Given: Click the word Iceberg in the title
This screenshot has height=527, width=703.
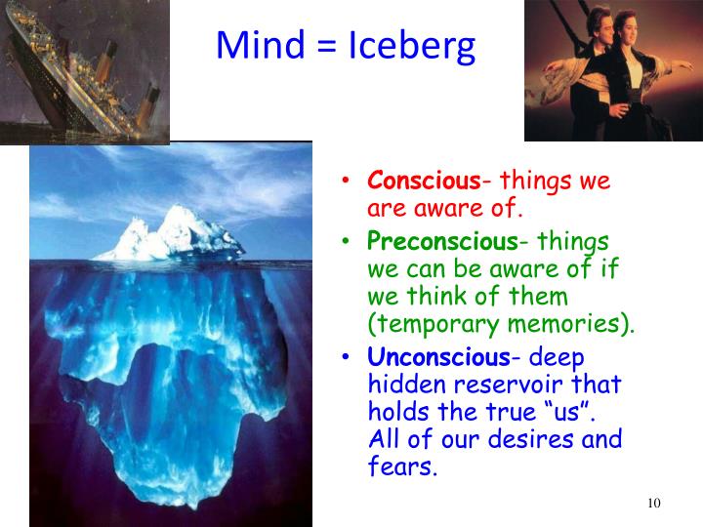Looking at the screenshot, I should pyautogui.click(x=411, y=47).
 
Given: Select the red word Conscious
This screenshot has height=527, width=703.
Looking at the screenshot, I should pyautogui.click(x=423, y=182).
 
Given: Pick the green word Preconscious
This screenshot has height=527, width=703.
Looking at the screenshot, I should pyautogui.click(x=442, y=241).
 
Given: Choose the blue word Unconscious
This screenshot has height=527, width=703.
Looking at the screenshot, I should pyautogui.click(x=437, y=357).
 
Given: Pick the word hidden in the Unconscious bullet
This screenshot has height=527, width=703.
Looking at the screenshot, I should pyautogui.click(x=404, y=385).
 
